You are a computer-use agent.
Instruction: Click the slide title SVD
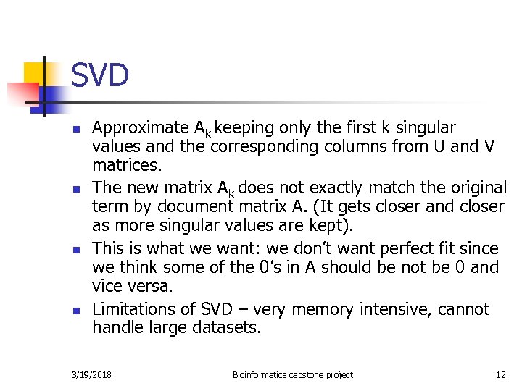click(x=100, y=75)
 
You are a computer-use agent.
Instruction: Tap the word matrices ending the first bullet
click(x=123, y=166)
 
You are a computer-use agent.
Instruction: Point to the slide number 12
click(x=500, y=375)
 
